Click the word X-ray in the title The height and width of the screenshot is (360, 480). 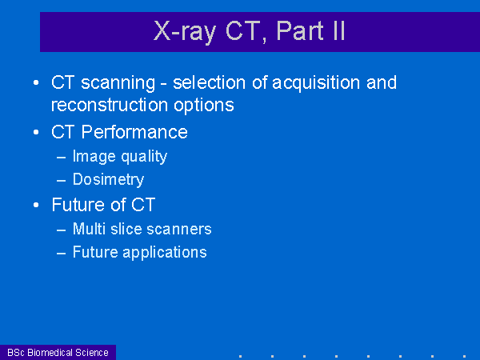[x=185, y=31]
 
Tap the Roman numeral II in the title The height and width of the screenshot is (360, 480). [x=339, y=30]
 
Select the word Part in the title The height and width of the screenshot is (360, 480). [x=300, y=30]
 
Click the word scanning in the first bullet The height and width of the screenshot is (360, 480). [x=118, y=83]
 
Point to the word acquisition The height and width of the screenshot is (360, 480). [x=316, y=83]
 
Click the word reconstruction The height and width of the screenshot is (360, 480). [x=110, y=105]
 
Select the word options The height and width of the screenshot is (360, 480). [x=204, y=106]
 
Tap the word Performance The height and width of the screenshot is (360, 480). [x=134, y=132]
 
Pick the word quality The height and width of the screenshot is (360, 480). [x=144, y=157]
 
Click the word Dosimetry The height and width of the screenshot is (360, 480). [x=108, y=179]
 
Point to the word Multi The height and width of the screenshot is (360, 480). [x=89, y=229]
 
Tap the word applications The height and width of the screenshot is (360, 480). [x=165, y=253]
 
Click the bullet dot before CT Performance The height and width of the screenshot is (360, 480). [x=36, y=132]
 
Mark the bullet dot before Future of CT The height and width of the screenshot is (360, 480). [x=36, y=205]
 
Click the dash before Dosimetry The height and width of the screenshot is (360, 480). [x=62, y=181]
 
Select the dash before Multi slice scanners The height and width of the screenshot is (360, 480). [x=62, y=230]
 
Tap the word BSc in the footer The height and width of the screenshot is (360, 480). [x=16, y=353]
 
